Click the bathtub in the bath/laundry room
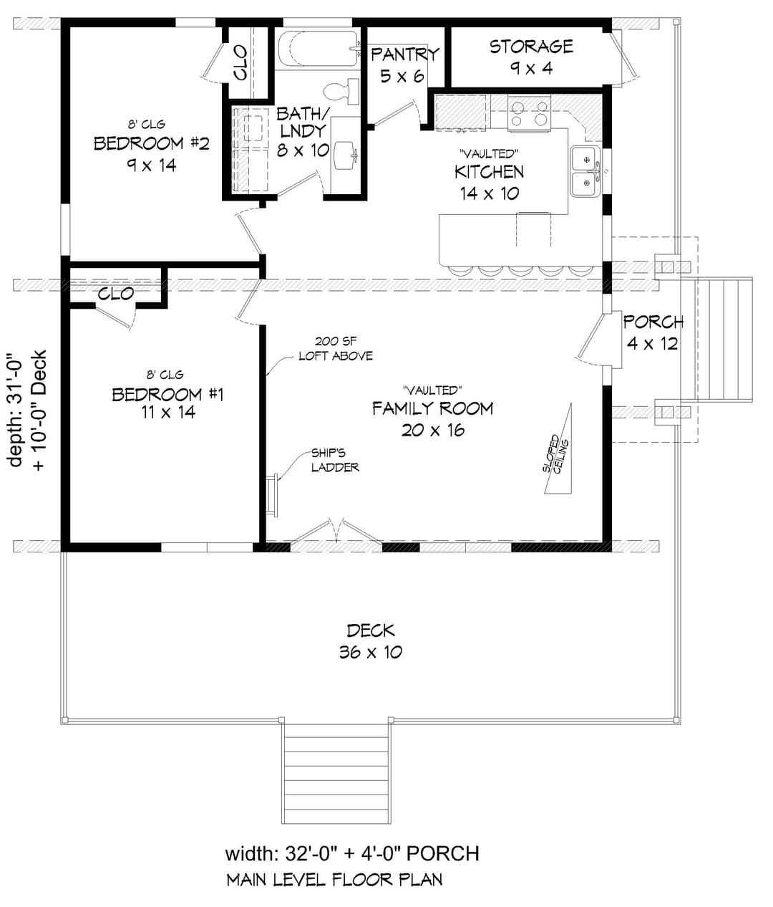point(319,49)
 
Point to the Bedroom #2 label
point(152,143)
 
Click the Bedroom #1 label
point(168,395)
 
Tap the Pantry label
point(404,54)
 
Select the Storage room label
point(531,46)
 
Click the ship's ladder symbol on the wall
point(272,495)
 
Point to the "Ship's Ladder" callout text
point(335,460)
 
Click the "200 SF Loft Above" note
point(336,348)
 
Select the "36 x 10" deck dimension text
point(371,652)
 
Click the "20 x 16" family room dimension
point(433,430)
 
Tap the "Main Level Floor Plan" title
point(334,880)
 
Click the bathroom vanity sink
point(346,156)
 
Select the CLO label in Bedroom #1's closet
point(116,294)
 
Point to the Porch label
point(653,322)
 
